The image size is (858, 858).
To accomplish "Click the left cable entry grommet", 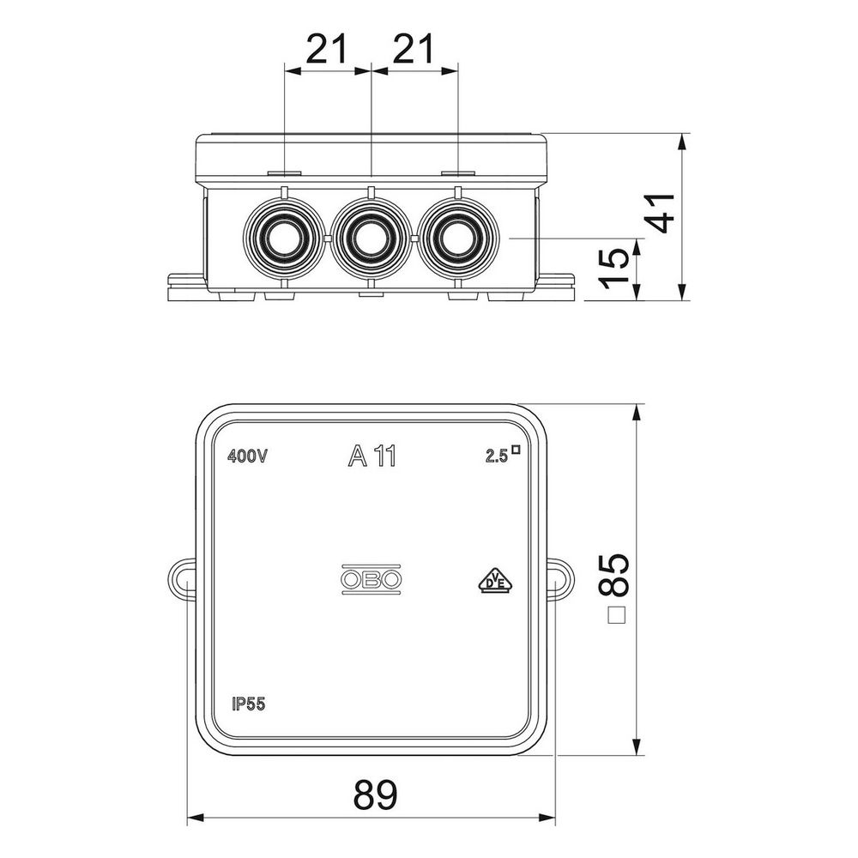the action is (x=284, y=238).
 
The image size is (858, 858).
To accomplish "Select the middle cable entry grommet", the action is (x=371, y=238).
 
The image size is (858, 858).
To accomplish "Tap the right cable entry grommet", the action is (x=458, y=238).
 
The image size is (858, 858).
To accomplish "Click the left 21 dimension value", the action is (x=326, y=49).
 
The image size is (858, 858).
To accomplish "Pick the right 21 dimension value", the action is (x=414, y=49).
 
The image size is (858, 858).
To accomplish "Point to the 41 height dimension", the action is (x=661, y=214).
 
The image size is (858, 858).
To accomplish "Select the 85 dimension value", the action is (x=614, y=574).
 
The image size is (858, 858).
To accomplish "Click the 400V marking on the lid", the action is (x=247, y=456).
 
